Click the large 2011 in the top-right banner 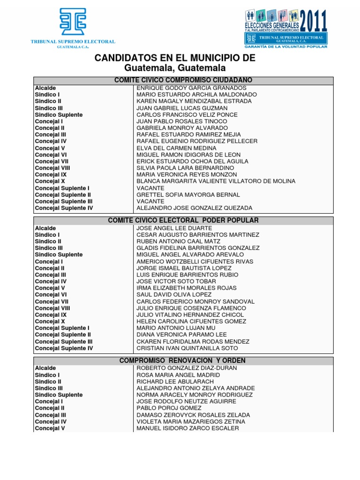[313, 21]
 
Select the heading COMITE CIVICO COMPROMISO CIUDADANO [183, 81]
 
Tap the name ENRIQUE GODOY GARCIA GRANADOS [191, 88]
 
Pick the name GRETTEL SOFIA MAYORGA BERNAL [188, 195]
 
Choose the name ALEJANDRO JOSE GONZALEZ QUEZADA [194, 208]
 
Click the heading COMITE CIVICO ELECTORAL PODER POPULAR [183, 220]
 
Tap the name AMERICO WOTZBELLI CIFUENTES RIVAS [195, 262]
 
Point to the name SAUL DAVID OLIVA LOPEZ [174, 295]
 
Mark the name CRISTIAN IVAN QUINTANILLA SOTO [187, 348]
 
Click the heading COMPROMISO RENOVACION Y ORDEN [183, 360]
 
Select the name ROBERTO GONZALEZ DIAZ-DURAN [187, 368]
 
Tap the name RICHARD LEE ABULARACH [175, 382]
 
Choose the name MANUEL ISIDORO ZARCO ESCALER [187, 428]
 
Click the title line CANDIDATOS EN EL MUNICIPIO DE [175, 58]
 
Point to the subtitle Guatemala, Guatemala [175, 68]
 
